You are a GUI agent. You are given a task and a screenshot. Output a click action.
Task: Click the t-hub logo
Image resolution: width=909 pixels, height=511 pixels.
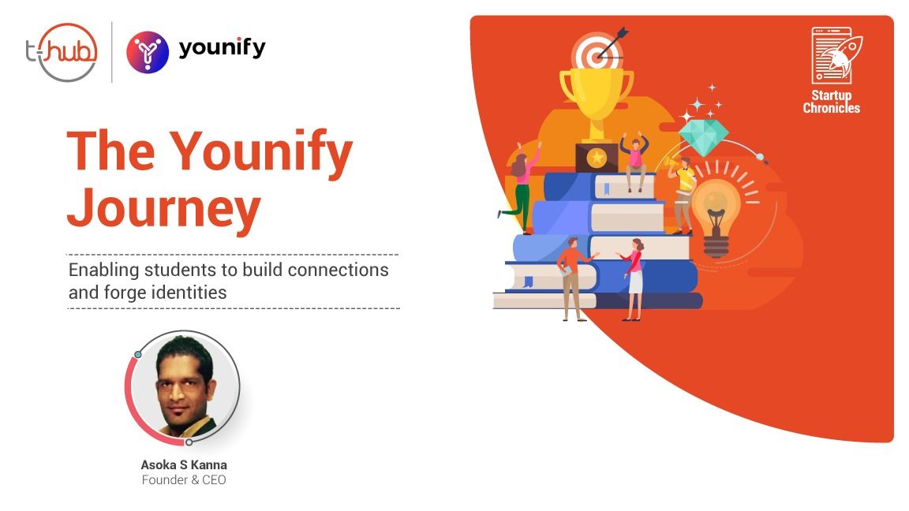pos(62,52)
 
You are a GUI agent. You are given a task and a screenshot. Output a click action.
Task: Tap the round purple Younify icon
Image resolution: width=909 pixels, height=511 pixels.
pos(148,52)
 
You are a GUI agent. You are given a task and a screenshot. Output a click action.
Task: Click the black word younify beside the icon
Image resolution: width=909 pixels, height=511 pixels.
pos(222,47)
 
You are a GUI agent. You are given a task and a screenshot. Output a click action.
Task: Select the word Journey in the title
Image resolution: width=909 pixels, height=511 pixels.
pos(164,208)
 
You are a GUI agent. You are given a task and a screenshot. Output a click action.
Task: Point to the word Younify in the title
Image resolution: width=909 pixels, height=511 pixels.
pos(261,152)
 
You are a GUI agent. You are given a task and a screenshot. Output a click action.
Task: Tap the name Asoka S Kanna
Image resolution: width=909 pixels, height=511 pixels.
pos(184,464)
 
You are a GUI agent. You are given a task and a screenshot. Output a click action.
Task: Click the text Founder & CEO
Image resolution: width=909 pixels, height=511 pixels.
pos(184,479)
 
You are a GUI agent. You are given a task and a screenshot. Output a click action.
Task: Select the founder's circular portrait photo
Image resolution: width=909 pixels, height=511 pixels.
pos(185,387)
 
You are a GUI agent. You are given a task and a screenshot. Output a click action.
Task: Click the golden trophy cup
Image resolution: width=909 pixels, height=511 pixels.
pos(596,104)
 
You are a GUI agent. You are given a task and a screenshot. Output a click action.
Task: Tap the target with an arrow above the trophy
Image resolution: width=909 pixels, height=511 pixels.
pos(598,51)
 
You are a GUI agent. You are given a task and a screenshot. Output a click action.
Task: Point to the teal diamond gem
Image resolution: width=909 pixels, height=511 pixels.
pos(703,136)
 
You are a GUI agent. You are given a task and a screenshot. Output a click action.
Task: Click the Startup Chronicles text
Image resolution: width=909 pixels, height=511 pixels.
pos(832,102)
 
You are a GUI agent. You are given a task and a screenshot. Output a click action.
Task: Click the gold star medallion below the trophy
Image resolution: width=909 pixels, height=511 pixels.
pos(596,157)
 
